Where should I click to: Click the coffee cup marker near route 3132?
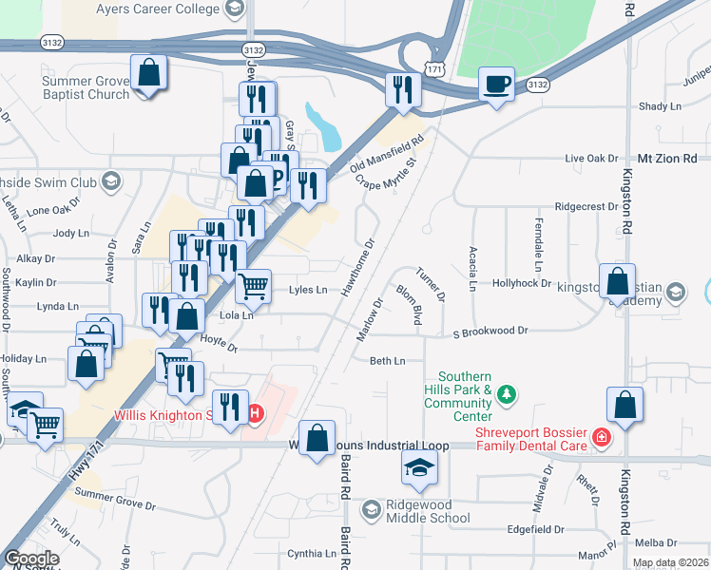click(x=496, y=85)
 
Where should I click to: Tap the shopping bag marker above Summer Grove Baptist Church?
click(x=149, y=72)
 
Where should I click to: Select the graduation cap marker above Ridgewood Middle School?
click(x=419, y=467)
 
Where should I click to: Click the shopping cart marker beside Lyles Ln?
click(x=253, y=285)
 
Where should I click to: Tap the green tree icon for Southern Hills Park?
click(x=507, y=393)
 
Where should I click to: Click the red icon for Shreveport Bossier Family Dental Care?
click(x=600, y=438)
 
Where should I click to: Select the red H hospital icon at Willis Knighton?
click(x=255, y=414)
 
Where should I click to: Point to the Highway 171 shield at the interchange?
click(x=432, y=69)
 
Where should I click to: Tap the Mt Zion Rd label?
click(x=667, y=158)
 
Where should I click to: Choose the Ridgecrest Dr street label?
click(x=586, y=206)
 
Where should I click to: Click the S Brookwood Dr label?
click(x=490, y=332)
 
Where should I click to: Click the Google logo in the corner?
click(x=31, y=559)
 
